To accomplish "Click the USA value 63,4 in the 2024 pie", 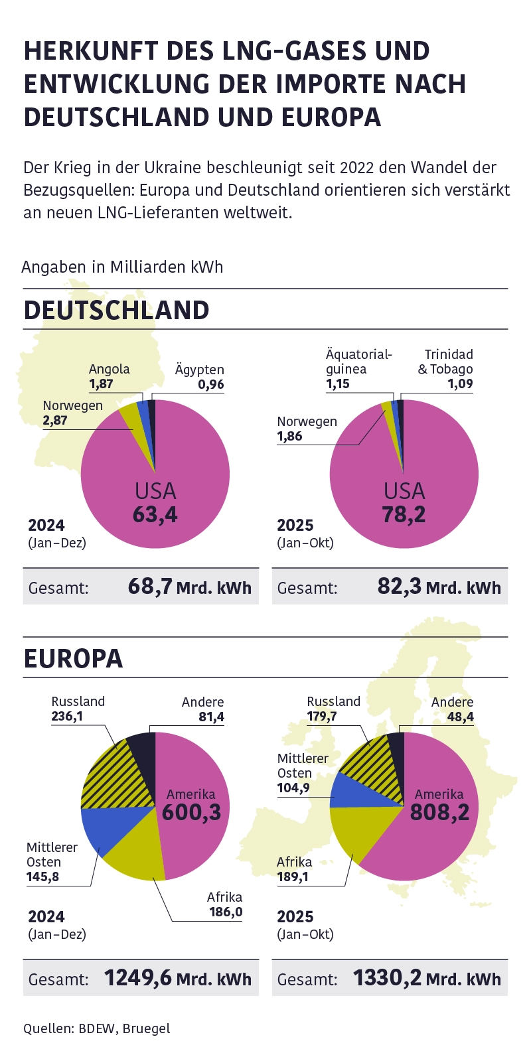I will [155, 514].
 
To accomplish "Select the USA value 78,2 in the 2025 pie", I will [404, 514].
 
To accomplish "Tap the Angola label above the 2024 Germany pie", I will [110, 369].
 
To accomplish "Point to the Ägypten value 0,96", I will [211, 384].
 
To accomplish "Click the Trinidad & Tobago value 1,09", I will [460, 384].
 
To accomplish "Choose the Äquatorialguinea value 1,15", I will [338, 384].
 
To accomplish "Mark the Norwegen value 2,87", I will [55, 420].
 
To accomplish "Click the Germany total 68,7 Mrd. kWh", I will [190, 587].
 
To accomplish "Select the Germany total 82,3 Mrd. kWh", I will [439, 587].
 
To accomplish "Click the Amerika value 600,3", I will [192, 811].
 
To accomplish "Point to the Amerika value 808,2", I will [439, 811].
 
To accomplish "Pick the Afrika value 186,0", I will [226, 912].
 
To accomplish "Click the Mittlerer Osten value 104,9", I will [293, 788].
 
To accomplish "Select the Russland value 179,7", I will [322, 717].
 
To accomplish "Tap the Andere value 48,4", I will [459, 717].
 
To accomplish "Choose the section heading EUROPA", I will [74, 659].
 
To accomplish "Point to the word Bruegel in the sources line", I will [146, 1028].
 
